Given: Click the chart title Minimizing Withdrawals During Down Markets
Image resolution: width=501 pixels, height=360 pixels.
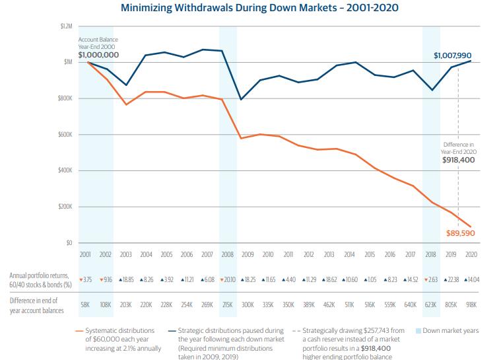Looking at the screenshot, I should [x=250, y=9].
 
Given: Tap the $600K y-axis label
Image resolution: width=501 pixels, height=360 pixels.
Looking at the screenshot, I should [x=63, y=135].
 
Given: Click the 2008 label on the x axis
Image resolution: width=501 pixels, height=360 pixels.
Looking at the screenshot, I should [x=227, y=254].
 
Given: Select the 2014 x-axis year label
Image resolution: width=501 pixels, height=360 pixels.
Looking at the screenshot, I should [x=349, y=254].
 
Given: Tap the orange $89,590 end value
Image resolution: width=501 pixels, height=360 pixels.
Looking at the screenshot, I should [x=461, y=233].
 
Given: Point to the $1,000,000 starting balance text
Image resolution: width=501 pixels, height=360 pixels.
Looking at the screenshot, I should [x=98, y=55].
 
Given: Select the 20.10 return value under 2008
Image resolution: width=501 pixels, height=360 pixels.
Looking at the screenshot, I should [x=227, y=279].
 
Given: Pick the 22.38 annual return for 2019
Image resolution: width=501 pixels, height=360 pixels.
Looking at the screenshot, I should [x=451, y=279].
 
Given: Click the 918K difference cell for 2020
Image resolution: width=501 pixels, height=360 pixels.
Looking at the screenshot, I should [x=472, y=305].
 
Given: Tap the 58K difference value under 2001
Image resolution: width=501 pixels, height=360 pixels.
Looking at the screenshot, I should [x=85, y=305].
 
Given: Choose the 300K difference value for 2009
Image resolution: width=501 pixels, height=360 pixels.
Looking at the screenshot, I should [x=248, y=305].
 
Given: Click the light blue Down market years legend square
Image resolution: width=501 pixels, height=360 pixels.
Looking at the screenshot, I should [x=417, y=330].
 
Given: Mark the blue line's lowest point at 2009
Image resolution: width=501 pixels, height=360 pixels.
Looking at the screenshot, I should [x=242, y=100].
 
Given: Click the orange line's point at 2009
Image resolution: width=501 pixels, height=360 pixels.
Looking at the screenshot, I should [x=242, y=138].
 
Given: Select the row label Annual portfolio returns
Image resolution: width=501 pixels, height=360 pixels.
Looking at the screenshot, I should [x=39, y=275].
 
